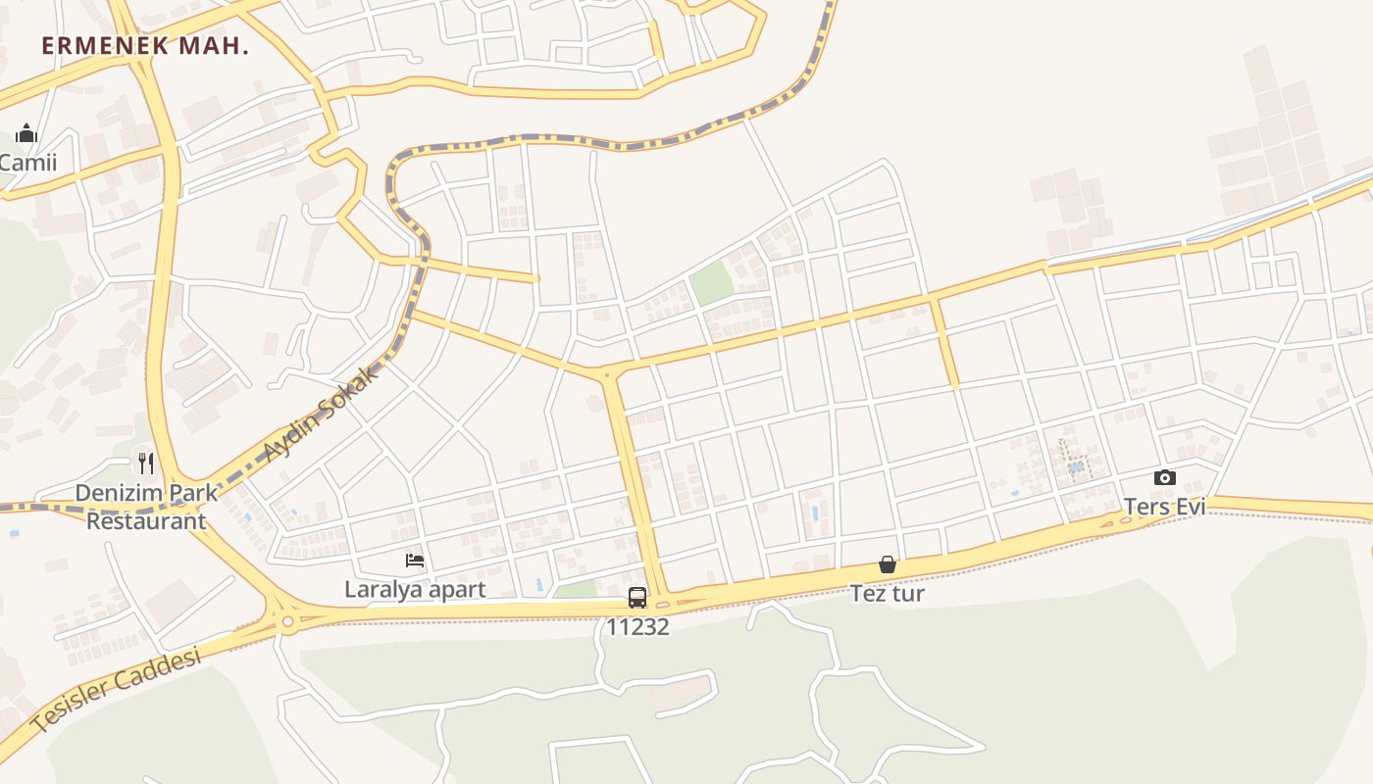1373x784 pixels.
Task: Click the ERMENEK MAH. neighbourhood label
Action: [x=145, y=45]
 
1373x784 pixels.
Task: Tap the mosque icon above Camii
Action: [x=26, y=133]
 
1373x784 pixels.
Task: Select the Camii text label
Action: [x=28, y=163]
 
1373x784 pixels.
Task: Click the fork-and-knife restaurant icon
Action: [x=146, y=463]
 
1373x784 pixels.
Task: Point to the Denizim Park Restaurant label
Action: [x=146, y=506]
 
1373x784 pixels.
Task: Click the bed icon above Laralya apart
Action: [x=415, y=561]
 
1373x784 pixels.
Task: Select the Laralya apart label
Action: [x=415, y=589]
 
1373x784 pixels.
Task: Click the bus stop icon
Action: [x=637, y=597]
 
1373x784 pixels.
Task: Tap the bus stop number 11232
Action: [x=637, y=626]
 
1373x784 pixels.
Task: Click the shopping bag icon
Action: [x=888, y=564]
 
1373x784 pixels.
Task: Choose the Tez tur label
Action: [x=888, y=593]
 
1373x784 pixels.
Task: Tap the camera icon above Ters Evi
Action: [x=1165, y=477]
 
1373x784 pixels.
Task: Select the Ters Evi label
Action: [x=1164, y=507]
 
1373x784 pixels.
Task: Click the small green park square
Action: [x=712, y=283]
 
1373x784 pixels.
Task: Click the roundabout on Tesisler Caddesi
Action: [x=287, y=620]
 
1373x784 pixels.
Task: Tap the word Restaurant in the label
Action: [x=146, y=520]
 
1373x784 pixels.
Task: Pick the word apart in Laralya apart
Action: [x=456, y=589]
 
